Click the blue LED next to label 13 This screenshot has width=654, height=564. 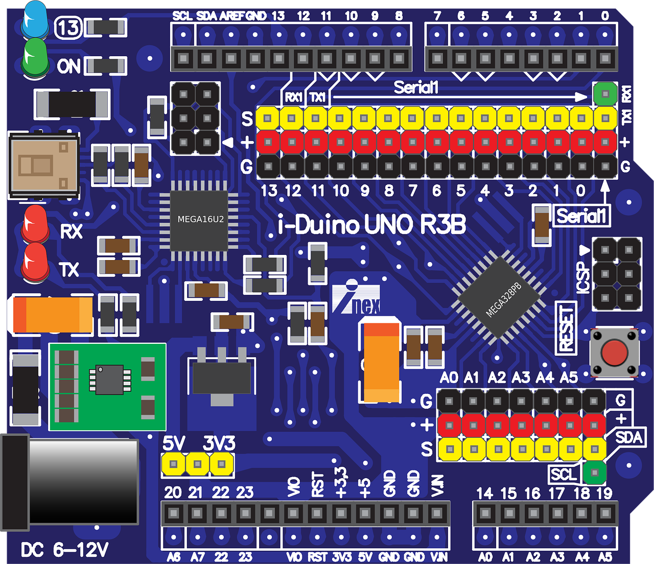pos(35,19)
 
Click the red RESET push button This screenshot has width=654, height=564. pos(614,353)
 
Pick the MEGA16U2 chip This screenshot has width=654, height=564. pos(200,220)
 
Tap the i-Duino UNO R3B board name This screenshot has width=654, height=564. pos(371,225)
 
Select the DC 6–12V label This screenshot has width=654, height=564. pos(65,550)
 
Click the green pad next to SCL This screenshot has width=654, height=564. pos(594,473)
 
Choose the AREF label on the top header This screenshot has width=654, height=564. pos(231,16)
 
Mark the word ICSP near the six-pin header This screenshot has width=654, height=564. pos(583,278)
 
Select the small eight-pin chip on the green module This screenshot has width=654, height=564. pos(109,380)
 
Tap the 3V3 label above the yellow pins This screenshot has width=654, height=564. pos(219,443)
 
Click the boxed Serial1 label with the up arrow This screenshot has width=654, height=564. pos(581,216)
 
